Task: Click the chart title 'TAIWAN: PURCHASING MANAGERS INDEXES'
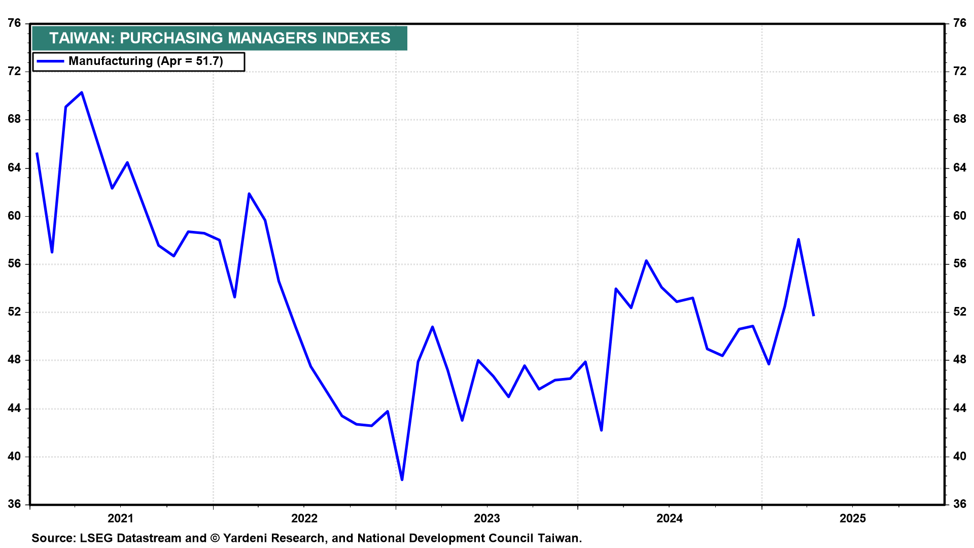tap(220, 38)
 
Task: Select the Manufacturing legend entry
tap(138, 61)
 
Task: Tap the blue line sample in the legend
tap(51, 61)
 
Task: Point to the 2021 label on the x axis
tap(121, 518)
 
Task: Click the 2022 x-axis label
tap(304, 518)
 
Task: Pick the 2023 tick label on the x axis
tap(486, 518)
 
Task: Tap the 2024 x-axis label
tap(670, 518)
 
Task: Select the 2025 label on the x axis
tap(853, 518)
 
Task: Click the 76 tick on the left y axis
tap(15, 23)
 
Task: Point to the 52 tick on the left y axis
tap(15, 312)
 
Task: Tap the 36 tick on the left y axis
tap(15, 504)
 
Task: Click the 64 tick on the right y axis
tap(960, 168)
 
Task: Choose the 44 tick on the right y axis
tap(960, 408)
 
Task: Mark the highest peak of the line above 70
tap(82, 92)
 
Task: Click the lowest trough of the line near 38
tap(402, 479)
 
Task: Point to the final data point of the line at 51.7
tap(814, 316)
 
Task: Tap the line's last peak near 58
tap(798, 239)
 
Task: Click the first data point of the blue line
tap(37, 153)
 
